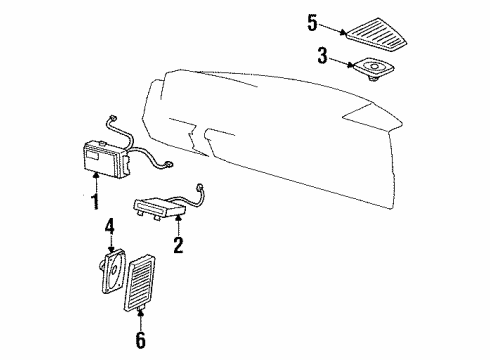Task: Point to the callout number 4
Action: [109, 238]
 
